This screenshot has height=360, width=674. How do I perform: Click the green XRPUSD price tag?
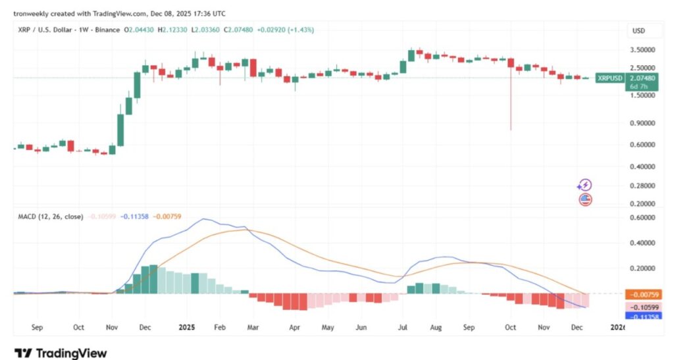coord(609,78)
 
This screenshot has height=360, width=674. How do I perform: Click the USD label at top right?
coord(638,30)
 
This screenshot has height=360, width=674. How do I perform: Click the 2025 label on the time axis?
coord(187,326)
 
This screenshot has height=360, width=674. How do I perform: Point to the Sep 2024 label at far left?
coord(37,326)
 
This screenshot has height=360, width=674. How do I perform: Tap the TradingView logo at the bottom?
coord(60,353)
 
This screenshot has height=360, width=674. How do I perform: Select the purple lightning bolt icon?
coord(584,186)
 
